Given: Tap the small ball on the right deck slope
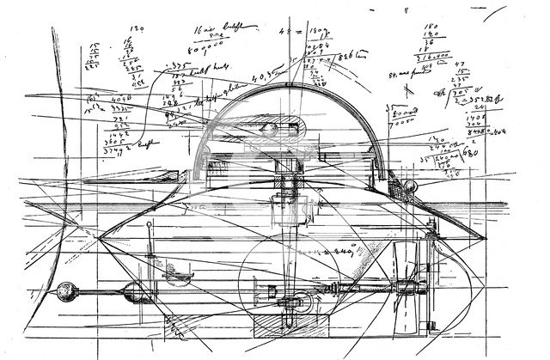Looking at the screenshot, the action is (x=413, y=187).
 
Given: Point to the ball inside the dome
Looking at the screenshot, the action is (x=269, y=130).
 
